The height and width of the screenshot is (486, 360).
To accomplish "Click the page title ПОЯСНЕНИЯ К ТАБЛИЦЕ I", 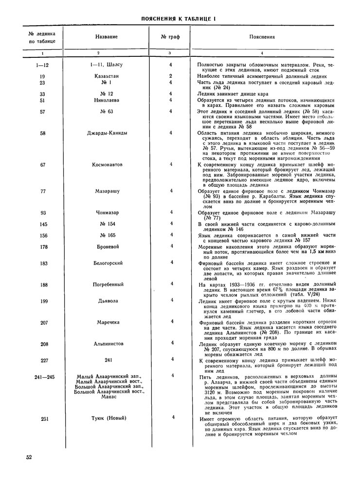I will (x=178, y=19).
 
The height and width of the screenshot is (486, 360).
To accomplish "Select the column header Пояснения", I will (x=262, y=37).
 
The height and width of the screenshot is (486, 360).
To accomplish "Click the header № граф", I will (x=170, y=37).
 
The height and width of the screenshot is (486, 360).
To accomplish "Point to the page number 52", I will (x=29, y=457).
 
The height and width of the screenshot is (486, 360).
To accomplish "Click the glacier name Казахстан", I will (x=107, y=76).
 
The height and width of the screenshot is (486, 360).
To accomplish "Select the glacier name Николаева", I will (x=107, y=100).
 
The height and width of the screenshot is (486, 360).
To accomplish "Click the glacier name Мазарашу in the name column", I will (x=107, y=191).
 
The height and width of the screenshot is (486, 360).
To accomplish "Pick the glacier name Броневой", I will (x=107, y=246).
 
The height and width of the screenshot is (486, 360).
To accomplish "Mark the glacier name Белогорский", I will (x=107, y=263).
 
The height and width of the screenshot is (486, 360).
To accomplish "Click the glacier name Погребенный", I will (x=107, y=284).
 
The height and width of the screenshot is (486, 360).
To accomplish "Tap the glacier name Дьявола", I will (x=107, y=301).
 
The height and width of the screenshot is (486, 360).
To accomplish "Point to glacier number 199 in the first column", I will (x=43, y=301).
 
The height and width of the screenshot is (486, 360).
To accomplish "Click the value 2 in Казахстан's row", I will (x=171, y=76).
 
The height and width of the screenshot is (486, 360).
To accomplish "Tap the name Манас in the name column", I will (x=107, y=397).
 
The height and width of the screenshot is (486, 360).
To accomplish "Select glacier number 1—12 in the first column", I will (x=43, y=65).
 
